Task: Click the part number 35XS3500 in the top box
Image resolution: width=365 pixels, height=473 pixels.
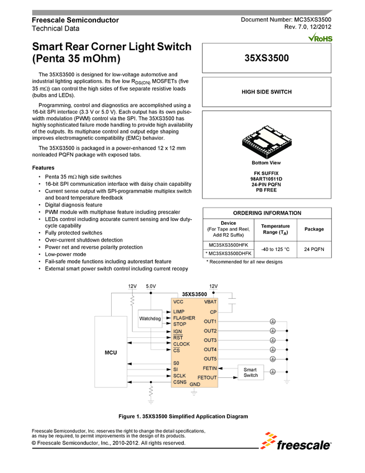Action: (267, 58)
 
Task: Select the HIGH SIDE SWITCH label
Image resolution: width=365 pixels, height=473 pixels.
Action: (267, 92)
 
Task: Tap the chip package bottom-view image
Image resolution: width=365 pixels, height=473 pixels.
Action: (267, 139)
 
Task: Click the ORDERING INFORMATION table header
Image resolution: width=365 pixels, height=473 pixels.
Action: (267, 213)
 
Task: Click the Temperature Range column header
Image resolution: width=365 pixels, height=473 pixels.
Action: (276, 229)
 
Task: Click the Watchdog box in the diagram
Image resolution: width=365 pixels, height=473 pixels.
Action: (150, 319)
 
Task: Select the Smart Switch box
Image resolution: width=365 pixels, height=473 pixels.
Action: (251, 372)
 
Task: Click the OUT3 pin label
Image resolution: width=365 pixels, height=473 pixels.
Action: (210, 340)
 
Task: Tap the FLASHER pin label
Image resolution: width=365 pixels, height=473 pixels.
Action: (184, 318)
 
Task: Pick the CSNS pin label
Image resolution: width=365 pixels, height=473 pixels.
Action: (180, 382)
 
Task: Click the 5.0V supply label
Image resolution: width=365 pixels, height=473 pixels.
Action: (151, 286)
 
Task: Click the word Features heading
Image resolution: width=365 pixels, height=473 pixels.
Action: (43, 167)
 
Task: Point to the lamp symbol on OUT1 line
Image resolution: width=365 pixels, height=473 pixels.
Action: (273, 322)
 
